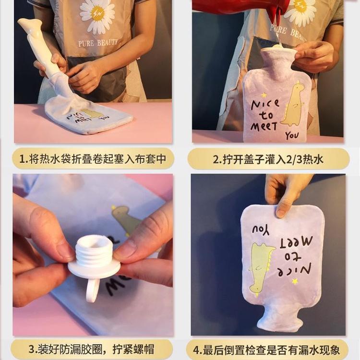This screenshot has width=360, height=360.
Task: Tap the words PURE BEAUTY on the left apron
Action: (98, 43)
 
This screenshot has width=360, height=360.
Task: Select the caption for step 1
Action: (93, 159)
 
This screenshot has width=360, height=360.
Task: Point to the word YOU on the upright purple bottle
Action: (292, 136)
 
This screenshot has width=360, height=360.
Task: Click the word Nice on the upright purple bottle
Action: (265, 105)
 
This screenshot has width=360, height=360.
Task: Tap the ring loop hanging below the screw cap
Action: (92, 289)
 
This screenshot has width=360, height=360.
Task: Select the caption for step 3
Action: (91, 349)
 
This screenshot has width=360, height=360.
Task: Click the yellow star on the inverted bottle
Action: (295, 281)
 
